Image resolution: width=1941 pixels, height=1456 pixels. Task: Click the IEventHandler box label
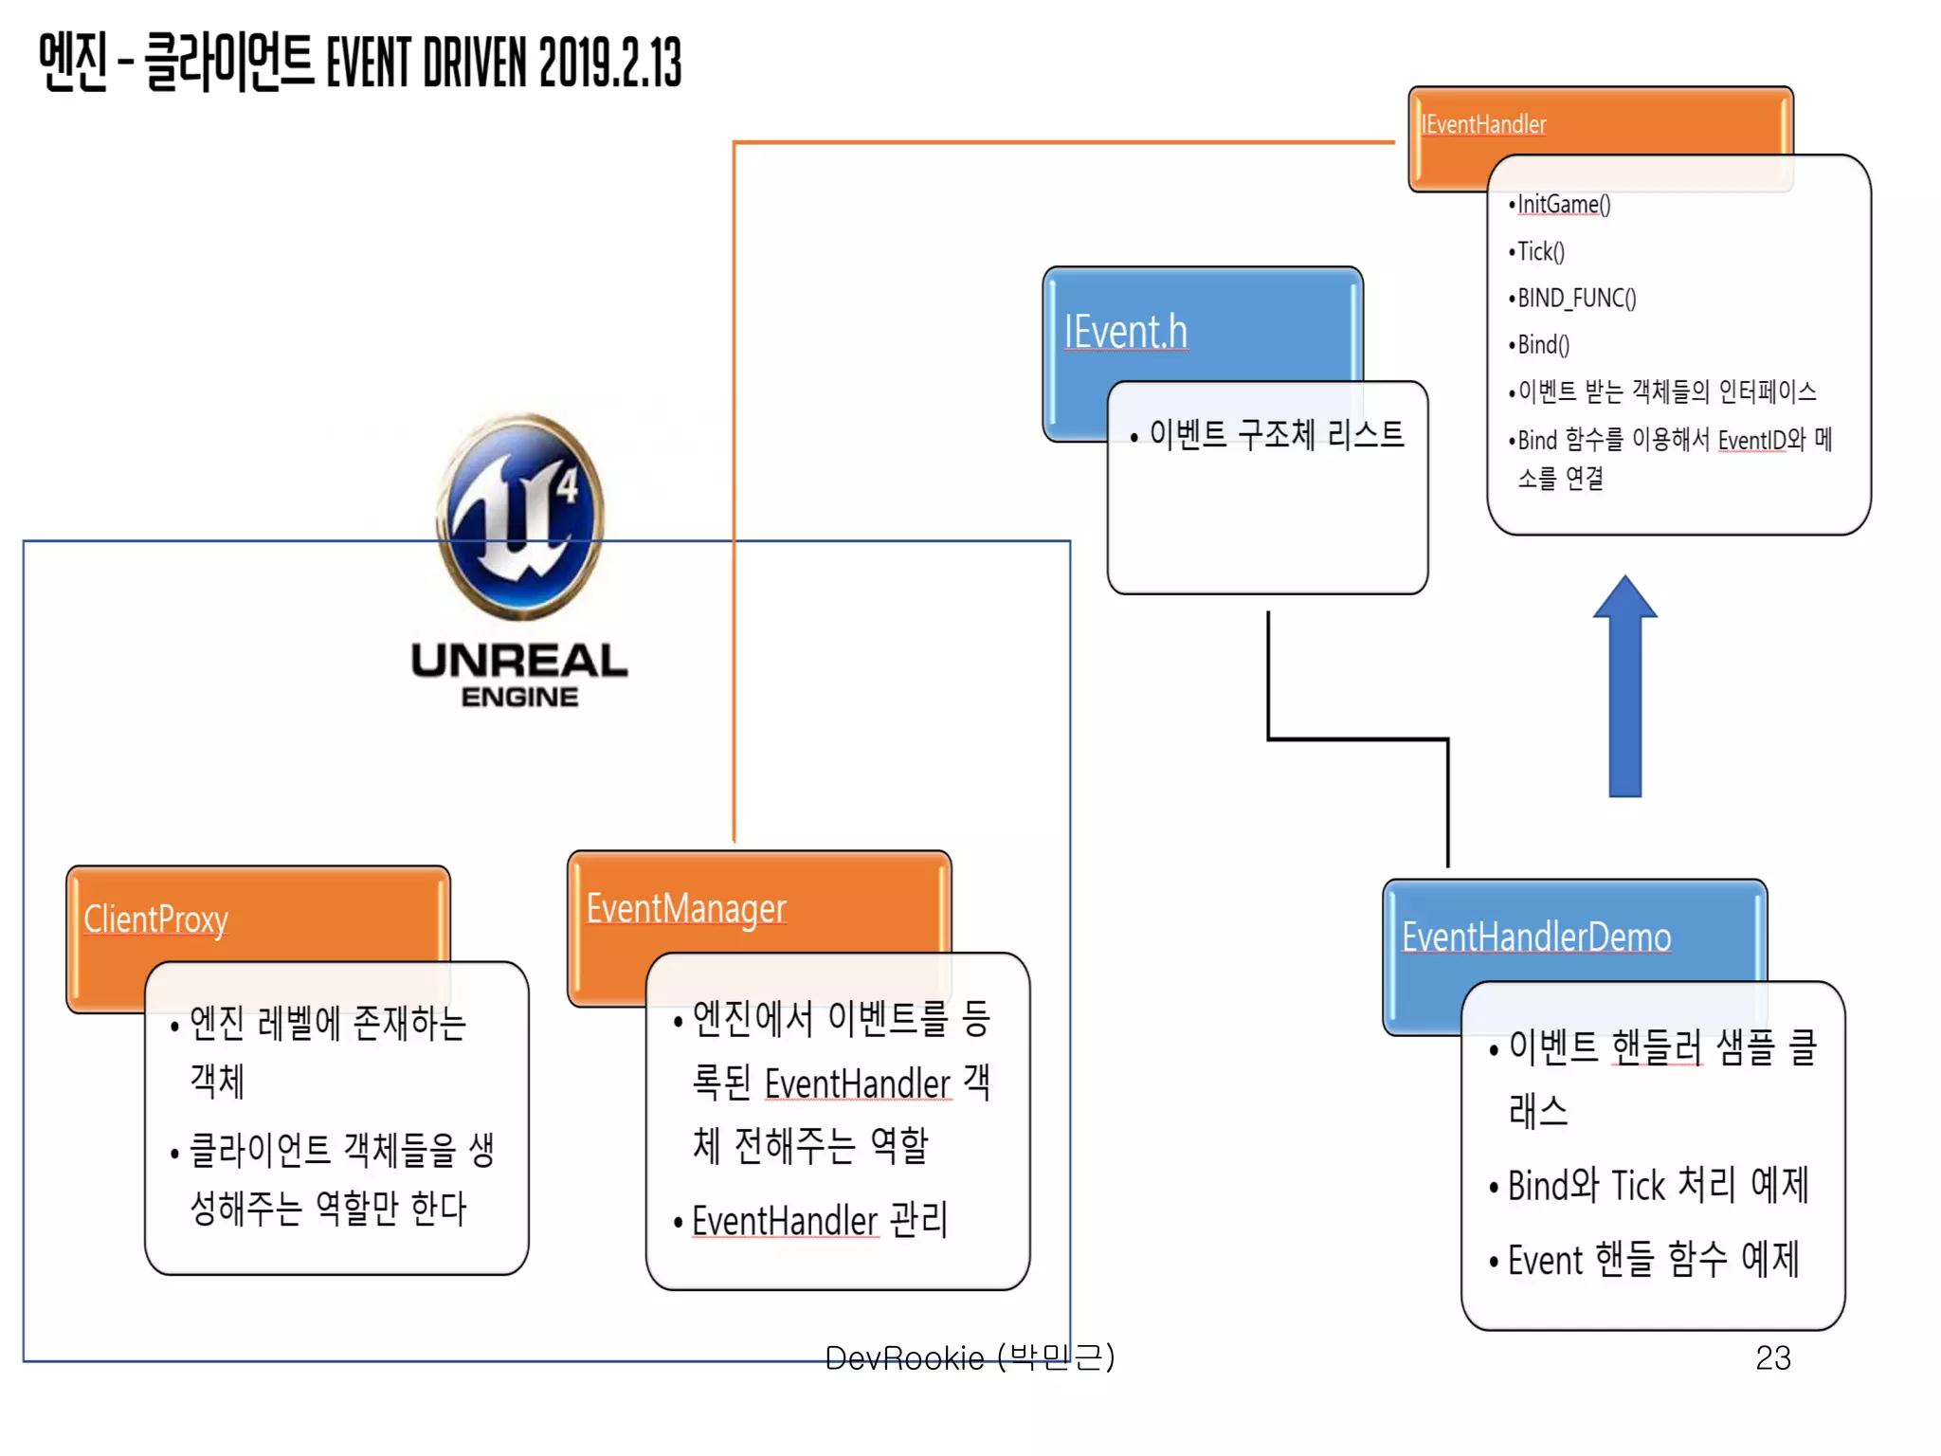(x=1483, y=124)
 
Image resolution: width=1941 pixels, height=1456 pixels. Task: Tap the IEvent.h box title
(x=1125, y=332)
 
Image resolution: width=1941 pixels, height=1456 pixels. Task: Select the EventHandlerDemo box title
(x=1535, y=937)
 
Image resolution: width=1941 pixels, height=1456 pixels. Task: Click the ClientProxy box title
(x=156, y=919)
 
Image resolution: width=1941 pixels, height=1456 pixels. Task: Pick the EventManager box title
(x=686, y=908)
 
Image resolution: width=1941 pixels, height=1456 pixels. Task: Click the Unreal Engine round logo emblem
(x=520, y=517)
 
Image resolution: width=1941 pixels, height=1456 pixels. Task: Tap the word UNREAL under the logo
(x=519, y=661)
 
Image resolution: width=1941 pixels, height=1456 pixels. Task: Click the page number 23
(x=1772, y=1357)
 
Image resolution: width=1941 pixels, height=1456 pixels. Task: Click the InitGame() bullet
(x=1563, y=205)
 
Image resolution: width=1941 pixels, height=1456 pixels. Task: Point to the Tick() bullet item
(x=1540, y=251)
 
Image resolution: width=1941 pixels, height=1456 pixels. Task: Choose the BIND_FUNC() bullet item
(x=1576, y=298)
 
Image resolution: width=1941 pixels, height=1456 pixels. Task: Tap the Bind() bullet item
(x=1543, y=344)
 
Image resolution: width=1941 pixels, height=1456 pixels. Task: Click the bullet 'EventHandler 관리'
(x=819, y=1221)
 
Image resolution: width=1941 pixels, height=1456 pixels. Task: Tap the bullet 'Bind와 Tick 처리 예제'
(x=1658, y=1185)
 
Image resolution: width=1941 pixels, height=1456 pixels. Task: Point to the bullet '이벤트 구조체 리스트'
(x=1276, y=434)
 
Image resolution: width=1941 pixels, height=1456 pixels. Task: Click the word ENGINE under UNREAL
(x=519, y=697)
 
